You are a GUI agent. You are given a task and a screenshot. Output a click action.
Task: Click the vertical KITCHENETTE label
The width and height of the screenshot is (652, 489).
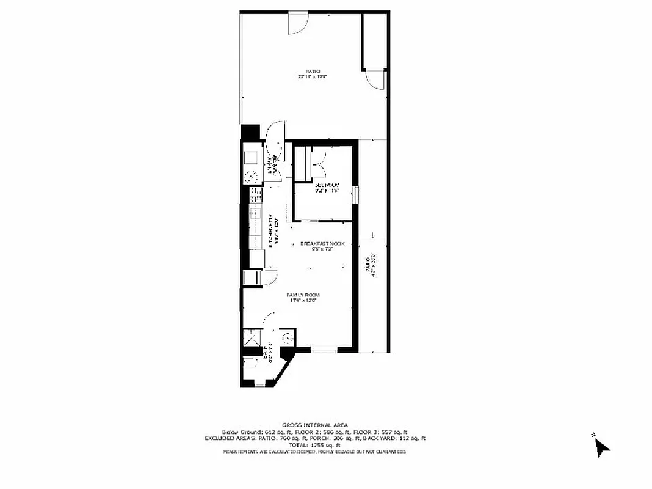point(275,229)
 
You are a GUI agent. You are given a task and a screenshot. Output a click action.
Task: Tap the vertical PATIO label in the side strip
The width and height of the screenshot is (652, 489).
point(368,268)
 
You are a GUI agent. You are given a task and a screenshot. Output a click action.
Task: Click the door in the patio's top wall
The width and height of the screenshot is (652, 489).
point(299,22)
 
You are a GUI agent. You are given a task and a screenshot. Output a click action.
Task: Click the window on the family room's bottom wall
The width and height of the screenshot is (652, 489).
point(323,350)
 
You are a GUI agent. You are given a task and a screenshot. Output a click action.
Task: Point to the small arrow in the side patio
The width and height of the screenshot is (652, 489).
point(372,235)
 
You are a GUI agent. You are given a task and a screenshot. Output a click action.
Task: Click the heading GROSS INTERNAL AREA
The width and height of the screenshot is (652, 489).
point(314,425)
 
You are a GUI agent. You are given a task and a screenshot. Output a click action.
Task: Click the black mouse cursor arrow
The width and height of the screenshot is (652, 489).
point(601,447)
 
